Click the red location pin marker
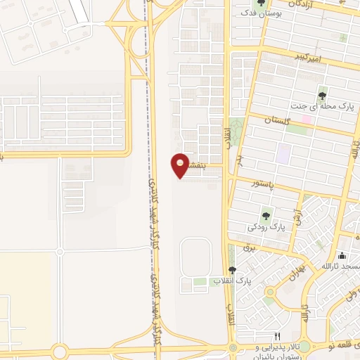tap(180, 165)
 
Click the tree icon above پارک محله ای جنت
tap(323, 95)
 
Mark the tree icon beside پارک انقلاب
tap(233, 270)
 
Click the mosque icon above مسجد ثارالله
tap(342, 256)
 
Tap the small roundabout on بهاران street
tap(270, 292)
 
